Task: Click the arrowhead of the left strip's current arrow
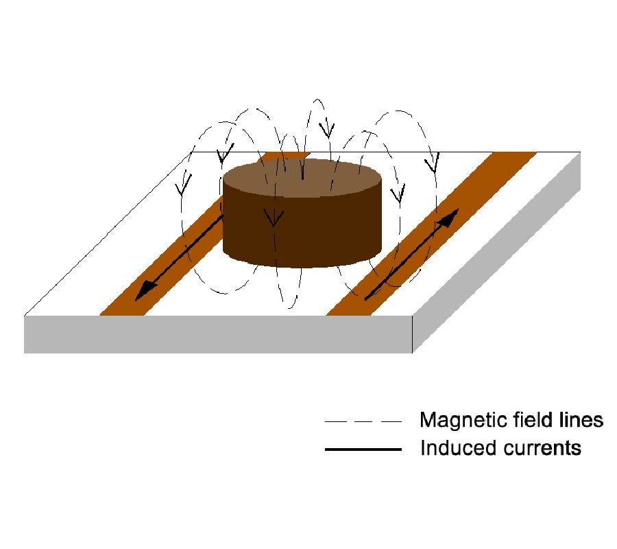pos(143,292)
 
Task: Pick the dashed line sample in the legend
pos(363,421)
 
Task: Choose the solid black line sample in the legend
pos(363,449)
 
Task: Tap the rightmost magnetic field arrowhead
pos(432,165)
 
